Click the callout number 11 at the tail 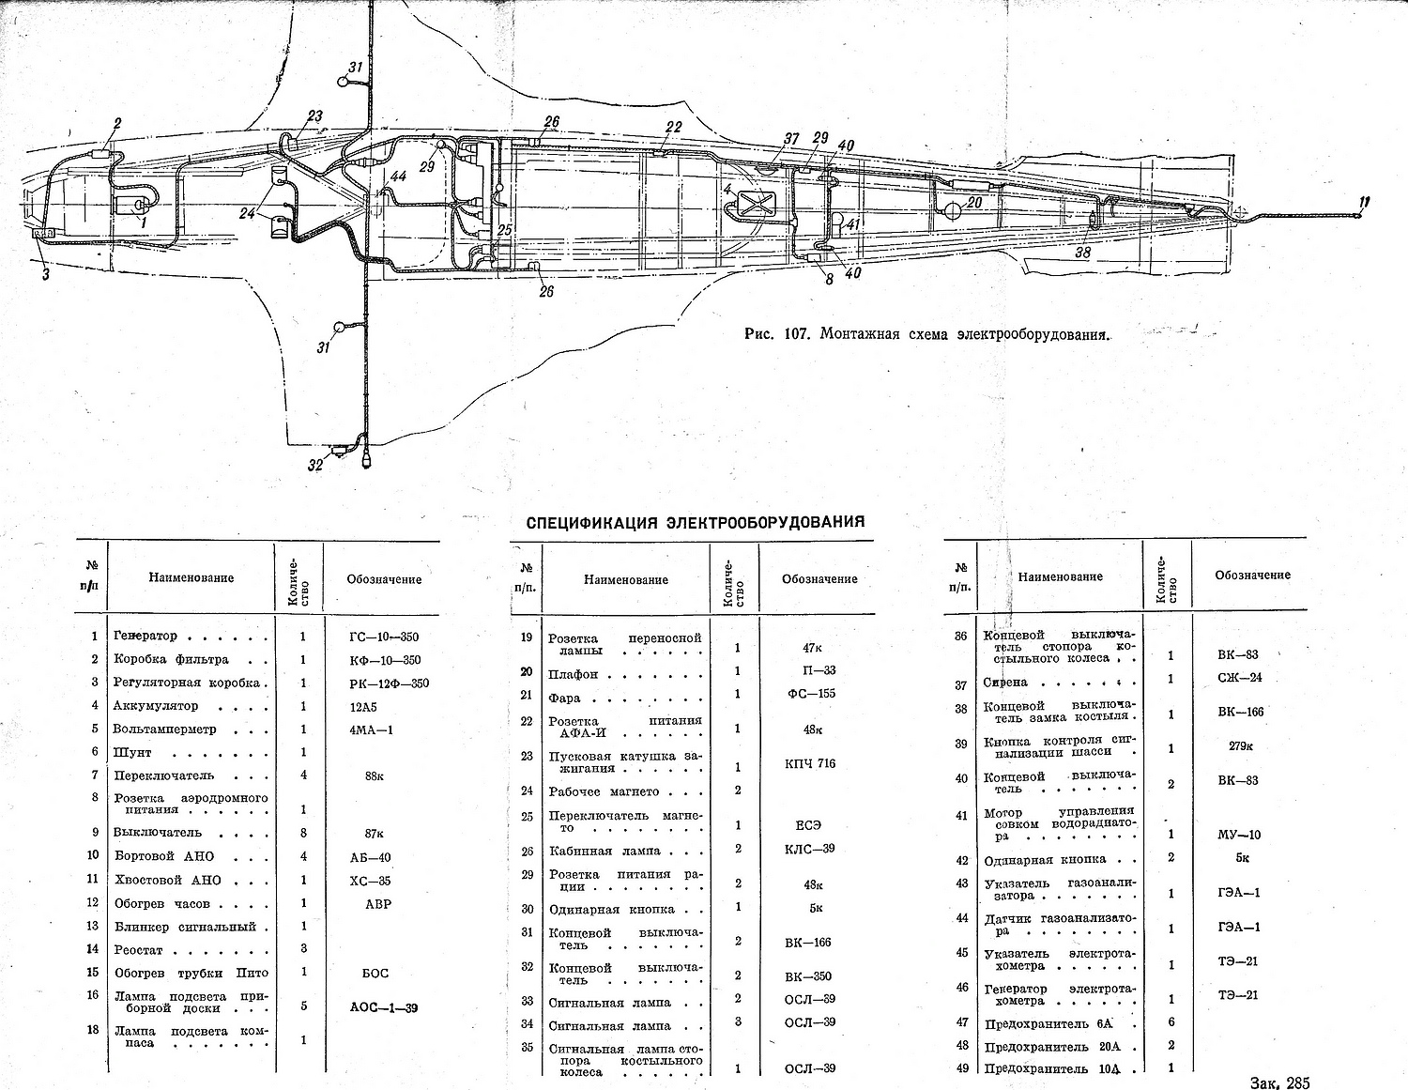[1364, 201]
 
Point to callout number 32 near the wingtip [315, 465]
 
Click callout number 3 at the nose [45, 274]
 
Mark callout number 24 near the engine [247, 214]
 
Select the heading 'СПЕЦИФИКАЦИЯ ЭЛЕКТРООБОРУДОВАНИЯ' [695, 522]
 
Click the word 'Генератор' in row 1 [145, 636]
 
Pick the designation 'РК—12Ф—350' [389, 683]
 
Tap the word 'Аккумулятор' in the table [156, 705]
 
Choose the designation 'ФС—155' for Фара [810, 694]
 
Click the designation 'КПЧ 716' [809, 763]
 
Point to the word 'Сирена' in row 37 [1005, 683]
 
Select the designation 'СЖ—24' [1239, 678]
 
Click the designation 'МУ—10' [1239, 835]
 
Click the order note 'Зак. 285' [1278, 1082]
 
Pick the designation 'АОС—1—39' [383, 1007]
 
